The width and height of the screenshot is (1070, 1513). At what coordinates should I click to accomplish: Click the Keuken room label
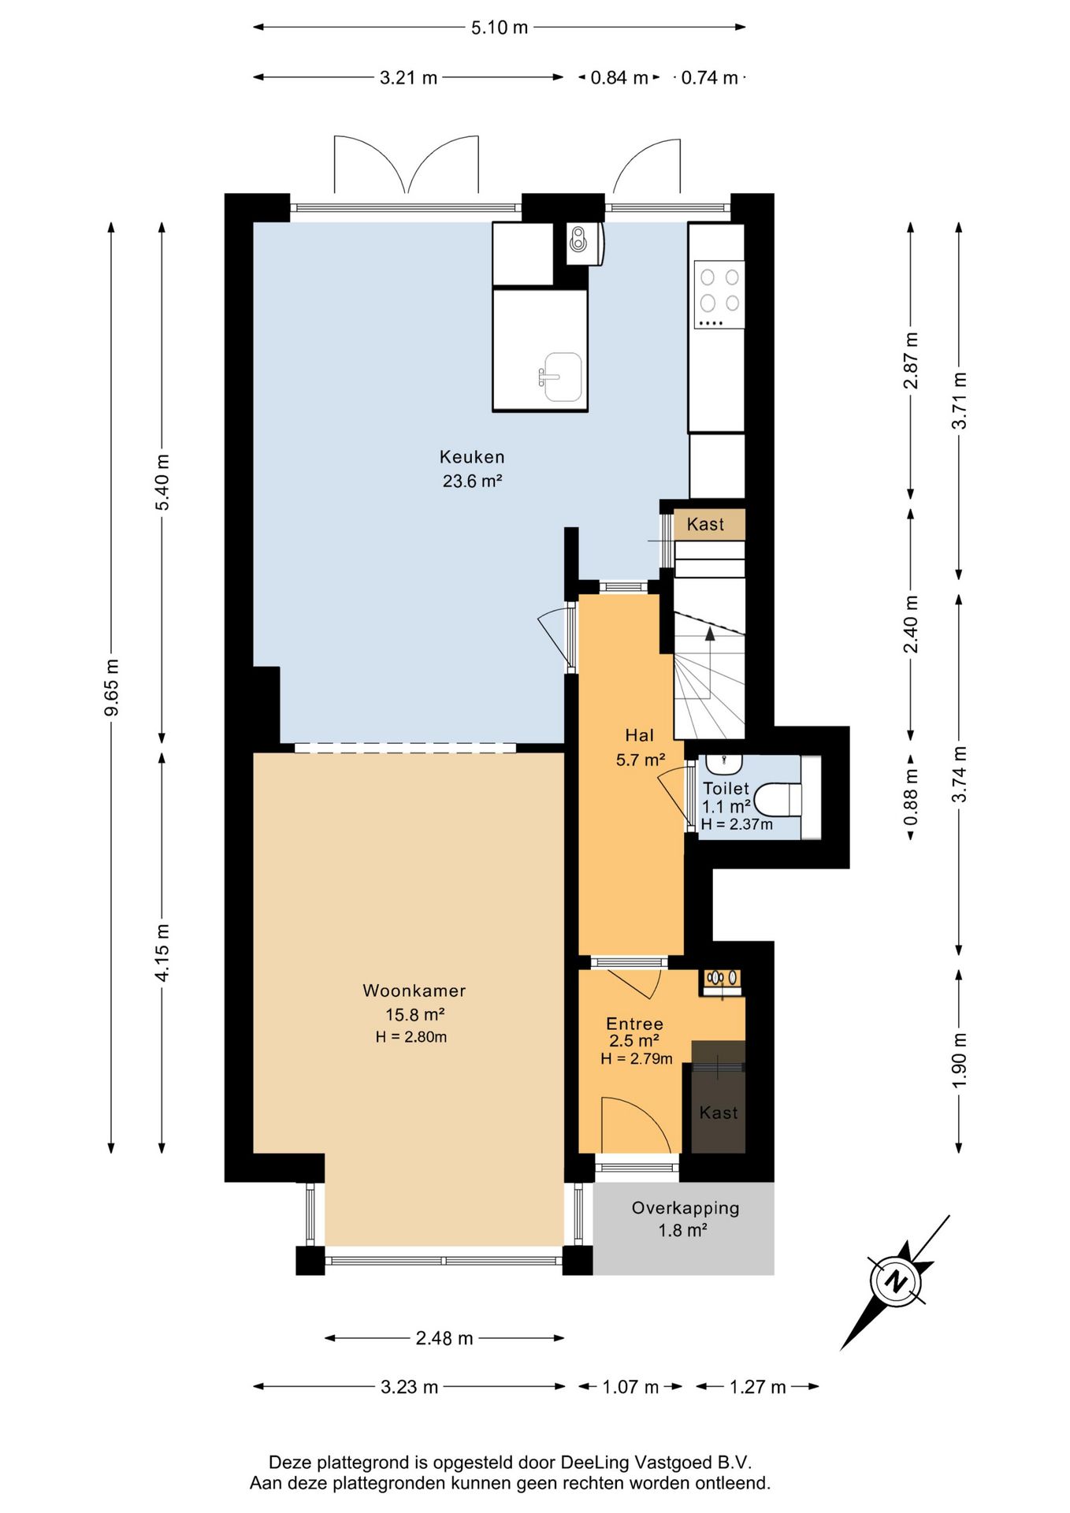point(472,457)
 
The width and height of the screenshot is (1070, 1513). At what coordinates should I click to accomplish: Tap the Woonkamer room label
point(414,991)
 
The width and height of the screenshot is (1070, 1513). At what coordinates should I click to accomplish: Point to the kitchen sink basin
point(561,377)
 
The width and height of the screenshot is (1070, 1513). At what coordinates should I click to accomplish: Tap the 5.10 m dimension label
point(500,28)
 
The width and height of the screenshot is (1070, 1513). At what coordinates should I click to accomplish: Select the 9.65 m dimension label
point(112,687)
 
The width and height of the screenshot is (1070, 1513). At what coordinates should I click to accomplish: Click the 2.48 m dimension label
point(444,1338)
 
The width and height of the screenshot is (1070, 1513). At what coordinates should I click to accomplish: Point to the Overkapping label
point(685,1208)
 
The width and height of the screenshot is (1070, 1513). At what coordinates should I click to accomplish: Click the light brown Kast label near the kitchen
point(705,524)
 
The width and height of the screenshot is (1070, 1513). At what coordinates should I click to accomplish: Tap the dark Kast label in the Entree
point(719,1113)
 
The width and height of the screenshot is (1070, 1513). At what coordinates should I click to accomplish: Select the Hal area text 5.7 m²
point(640,760)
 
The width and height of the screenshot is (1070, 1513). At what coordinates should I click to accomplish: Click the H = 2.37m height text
point(737,824)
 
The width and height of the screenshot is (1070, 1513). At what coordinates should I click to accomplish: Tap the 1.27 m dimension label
point(758,1387)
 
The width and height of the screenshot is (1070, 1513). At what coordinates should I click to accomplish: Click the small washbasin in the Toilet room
point(723,763)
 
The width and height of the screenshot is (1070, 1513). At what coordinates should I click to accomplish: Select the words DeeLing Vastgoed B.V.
point(656,1463)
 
